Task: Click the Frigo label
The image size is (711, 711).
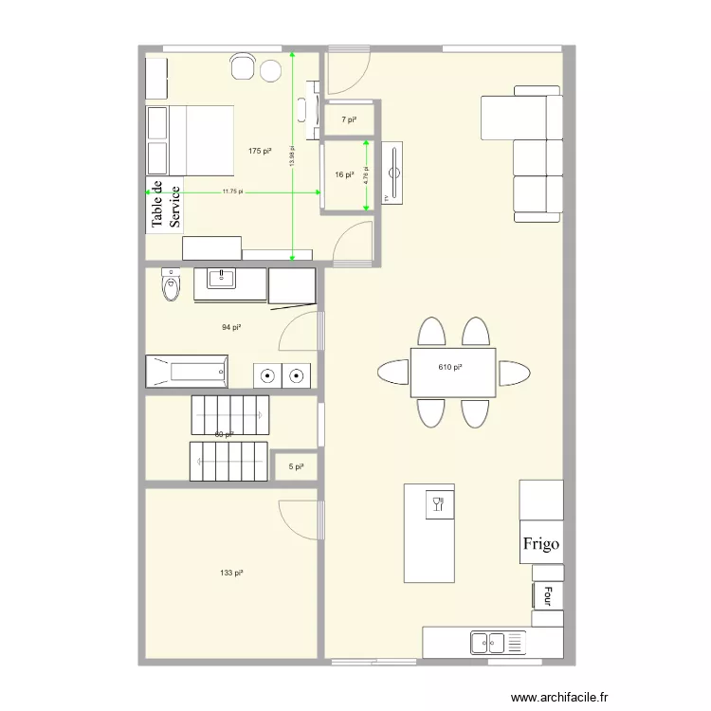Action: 541,545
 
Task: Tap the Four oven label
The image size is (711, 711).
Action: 547,595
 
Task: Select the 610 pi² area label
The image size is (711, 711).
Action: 450,367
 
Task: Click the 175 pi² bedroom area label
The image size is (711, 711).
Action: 260,151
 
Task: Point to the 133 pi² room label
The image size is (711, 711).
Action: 231,573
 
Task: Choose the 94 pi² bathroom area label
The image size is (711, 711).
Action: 231,327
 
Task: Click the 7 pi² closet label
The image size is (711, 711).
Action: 349,119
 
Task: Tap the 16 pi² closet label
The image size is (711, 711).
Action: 344,174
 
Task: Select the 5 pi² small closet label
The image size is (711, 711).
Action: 296,466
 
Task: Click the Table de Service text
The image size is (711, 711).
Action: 165,205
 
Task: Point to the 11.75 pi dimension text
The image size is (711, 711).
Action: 233,191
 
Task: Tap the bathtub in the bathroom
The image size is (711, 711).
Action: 187,371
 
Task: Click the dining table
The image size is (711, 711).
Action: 452,372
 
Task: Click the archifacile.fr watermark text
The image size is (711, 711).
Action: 559,697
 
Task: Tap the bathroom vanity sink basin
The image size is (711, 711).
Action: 223,278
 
